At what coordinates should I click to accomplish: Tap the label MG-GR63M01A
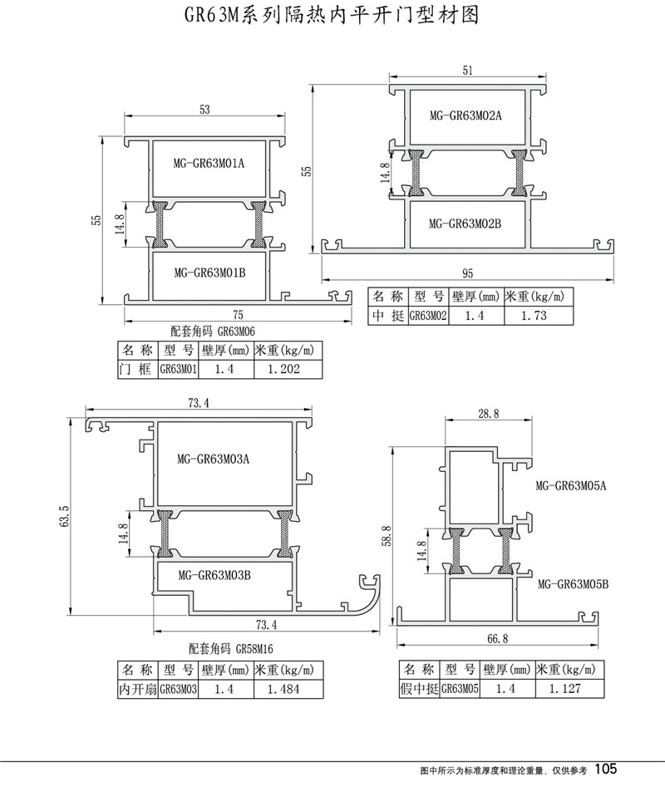[x=207, y=163]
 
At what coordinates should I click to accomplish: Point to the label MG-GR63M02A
[x=465, y=115]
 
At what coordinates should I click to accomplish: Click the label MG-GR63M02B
[x=465, y=223]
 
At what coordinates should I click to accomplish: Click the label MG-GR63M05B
[x=574, y=583]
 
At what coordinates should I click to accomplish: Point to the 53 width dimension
[x=205, y=109]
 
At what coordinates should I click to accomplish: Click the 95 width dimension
[x=468, y=273]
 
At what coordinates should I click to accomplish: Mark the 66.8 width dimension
[x=496, y=640]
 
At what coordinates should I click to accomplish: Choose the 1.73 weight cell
[x=532, y=316]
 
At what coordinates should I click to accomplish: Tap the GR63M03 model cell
[x=177, y=689]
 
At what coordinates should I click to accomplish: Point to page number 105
[x=606, y=769]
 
